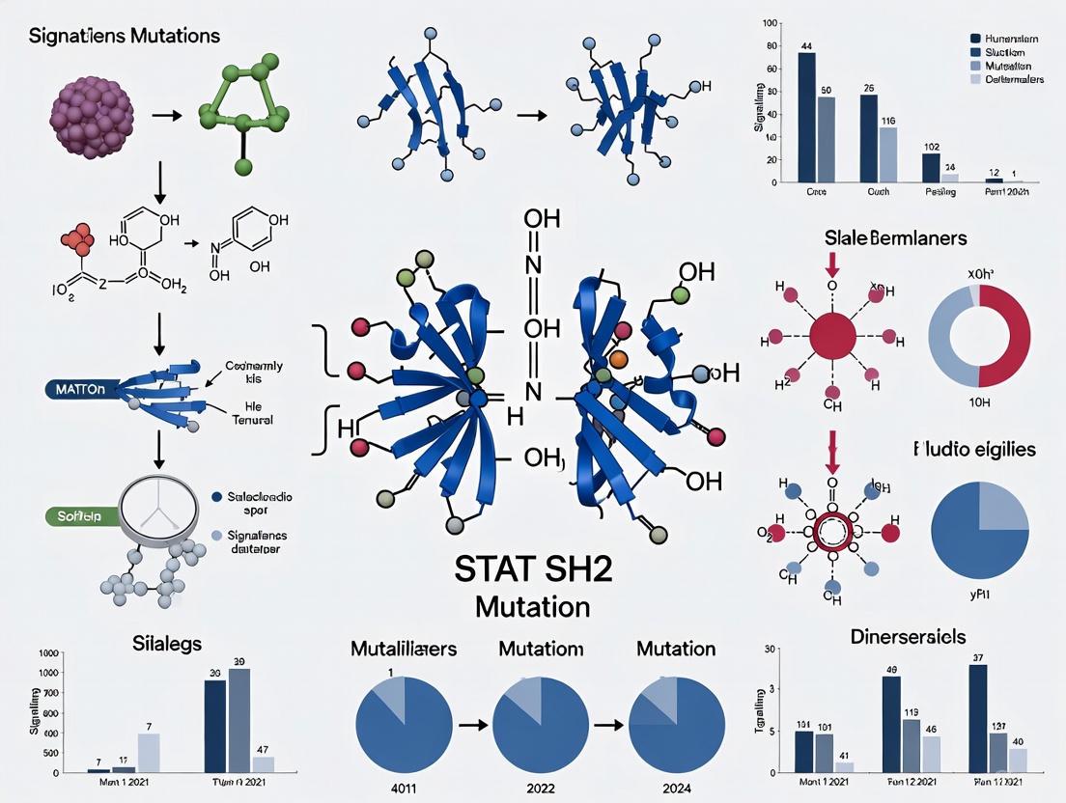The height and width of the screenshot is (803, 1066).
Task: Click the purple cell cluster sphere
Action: [x=91, y=117]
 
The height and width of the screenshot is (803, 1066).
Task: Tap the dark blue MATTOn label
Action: [x=75, y=389]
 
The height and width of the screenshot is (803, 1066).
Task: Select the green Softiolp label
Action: [x=81, y=516]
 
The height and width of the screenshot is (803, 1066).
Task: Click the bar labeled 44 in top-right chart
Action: [x=806, y=117]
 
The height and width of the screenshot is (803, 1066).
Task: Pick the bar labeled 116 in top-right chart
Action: [x=887, y=154]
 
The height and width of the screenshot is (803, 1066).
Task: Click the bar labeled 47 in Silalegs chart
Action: [x=263, y=763]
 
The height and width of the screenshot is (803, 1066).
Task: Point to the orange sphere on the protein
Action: [x=620, y=359]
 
